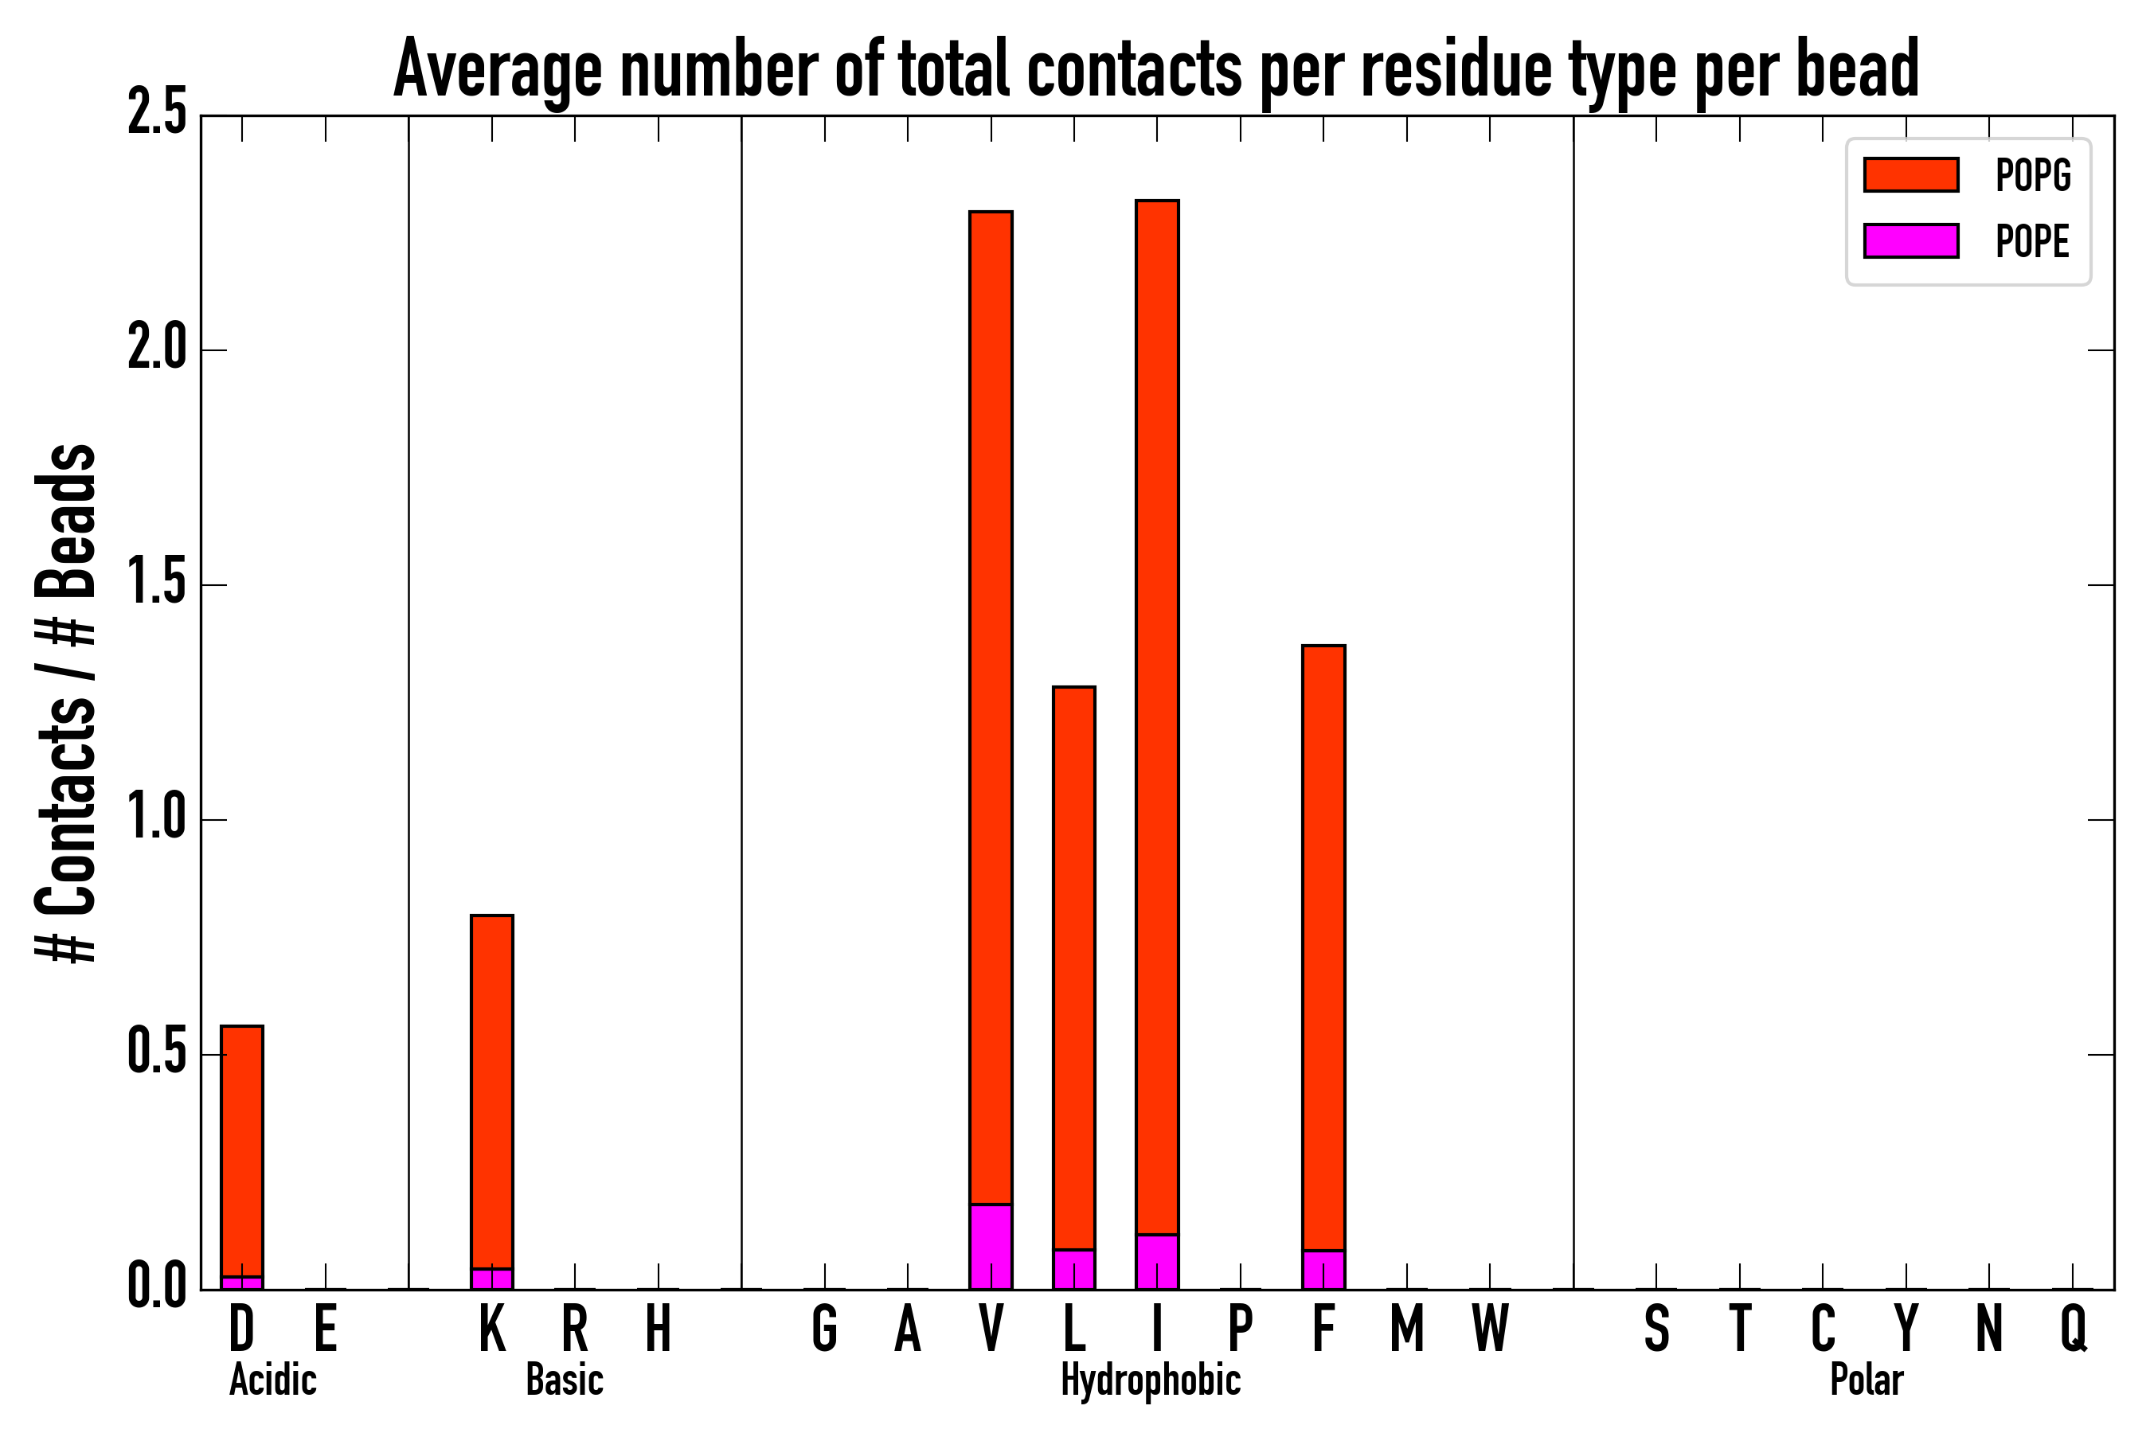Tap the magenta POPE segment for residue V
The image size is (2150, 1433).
[x=991, y=1247]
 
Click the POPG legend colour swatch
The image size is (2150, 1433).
[x=1910, y=174]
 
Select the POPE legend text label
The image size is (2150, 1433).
[x=2032, y=241]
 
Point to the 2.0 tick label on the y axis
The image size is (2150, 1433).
[x=156, y=350]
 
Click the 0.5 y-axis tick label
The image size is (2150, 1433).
[x=156, y=1054]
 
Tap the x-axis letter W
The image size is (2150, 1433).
[x=1490, y=1328]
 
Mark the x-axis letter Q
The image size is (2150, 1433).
[x=2074, y=1328]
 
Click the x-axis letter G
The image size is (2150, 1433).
[x=824, y=1328]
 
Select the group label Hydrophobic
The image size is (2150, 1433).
[x=1150, y=1380]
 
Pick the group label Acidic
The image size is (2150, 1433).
[x=272, y=1380]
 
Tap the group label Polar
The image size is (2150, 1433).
[x=1866, y=1380]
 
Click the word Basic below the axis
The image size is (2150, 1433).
[x=564, y=1380]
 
